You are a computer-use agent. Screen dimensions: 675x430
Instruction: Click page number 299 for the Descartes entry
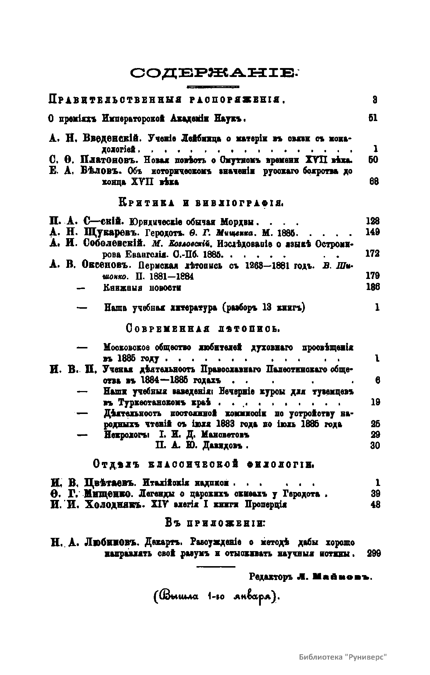374,553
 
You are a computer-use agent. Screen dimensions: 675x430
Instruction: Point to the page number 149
373,232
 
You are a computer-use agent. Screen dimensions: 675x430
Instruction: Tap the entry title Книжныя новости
142,288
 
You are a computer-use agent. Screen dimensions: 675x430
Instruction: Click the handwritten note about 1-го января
215,597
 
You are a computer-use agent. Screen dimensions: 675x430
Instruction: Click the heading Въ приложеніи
215,523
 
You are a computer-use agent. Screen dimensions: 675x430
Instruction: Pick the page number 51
373,118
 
